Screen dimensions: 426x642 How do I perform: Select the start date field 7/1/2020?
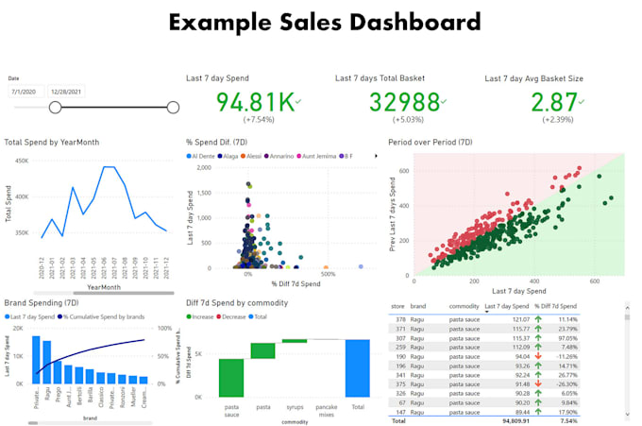point(25,92)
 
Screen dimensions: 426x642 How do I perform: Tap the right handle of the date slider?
point(172,108)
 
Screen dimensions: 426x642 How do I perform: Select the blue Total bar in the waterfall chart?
point(357,367)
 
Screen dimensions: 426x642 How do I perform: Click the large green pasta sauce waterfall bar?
point(231,377)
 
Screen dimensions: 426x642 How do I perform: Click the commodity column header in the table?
point(464,307)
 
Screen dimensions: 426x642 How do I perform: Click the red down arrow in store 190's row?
point(537,358)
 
